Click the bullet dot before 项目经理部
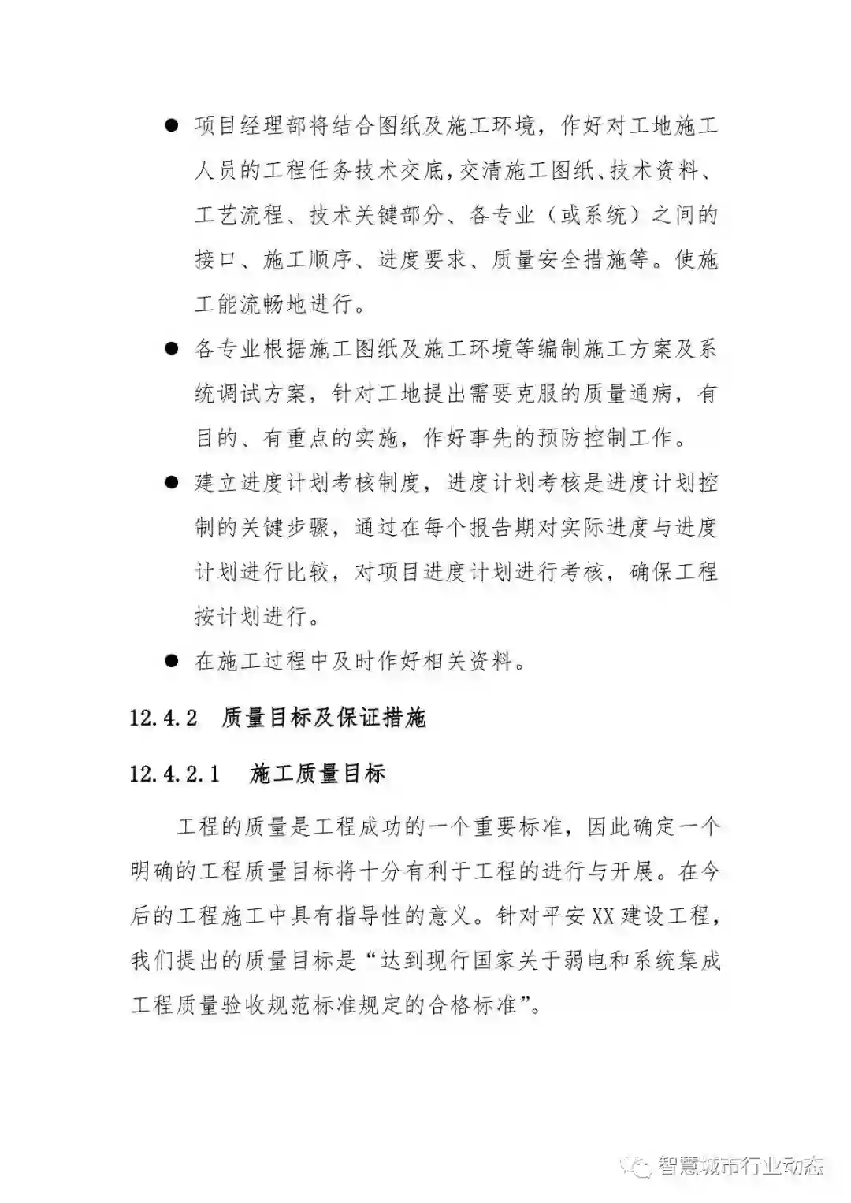pyautogui.click(x=172, y=127)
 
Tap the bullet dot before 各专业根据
pyautogui.click(x=172, y=349)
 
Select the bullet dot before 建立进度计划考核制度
pyautogui.click(x=172, y=482)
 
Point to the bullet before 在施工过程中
pyautogui.click(x=172, y=660)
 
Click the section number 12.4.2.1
pyautogui.click(x=174, y=774)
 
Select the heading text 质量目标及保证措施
pyautogui.click(x=324, y=718)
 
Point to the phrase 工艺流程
pyautogui.click(x=239, y=215)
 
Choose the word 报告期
pyautogui.click(x=505, y=527)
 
